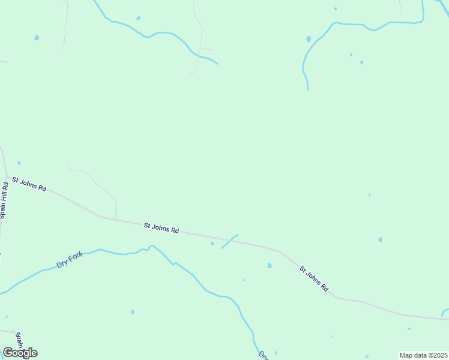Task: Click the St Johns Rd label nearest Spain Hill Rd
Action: (x=29, y=184)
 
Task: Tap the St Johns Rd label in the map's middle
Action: (x=161, y=228)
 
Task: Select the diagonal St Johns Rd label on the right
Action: (x=315, y=279)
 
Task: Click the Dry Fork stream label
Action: (x=69, y=260)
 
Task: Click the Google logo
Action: (x=20, y=353)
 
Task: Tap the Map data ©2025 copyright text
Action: (x=423, y=355)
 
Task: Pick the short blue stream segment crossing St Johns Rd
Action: (x=229, y=241)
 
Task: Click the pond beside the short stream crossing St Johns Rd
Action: (x=212, y=244)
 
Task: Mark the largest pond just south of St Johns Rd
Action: (x=270, y=265)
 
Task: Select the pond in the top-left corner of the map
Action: (x=37, y=37)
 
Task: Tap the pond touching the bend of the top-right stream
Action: (x=309, y=39)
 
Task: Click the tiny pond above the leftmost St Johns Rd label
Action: (x=19, y=163)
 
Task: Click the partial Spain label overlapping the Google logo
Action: (x=19, y=339)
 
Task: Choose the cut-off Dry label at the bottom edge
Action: (x=263, y=355)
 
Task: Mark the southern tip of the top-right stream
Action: (x=308, y=89)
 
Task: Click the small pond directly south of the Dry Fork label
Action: (x=133, y=312)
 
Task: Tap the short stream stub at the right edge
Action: (x=444, y=311)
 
